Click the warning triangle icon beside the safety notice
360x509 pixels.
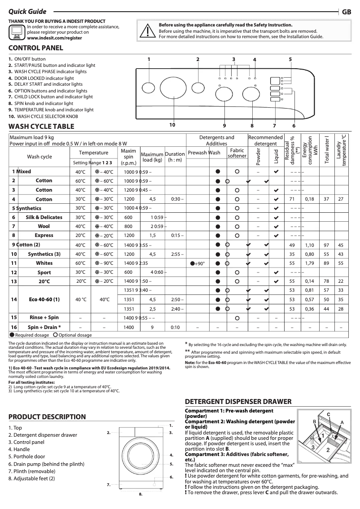pyautogui.click(x=147, y=31)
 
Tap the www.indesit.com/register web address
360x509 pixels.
pyautogui.click(x=54, y=39)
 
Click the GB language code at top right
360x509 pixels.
pyautogui.click(x=347, y=12)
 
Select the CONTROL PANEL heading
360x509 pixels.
pyautogui.click(x=36, y=48)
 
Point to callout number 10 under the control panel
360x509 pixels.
pyautogui.click(x=172, y=125)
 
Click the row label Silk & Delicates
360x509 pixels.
pyautogui.click(x=44, y=217)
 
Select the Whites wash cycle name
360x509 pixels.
pyautogui.click(x=44, y=263)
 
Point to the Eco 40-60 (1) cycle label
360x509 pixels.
pyautogui.click(x=44, y=299)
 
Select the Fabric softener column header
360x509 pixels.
pyautogui.click(x=237, y=153)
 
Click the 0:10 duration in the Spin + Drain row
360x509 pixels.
pyautogui.click(x=176, y=328)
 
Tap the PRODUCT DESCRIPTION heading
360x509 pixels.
pyautogui.click(x=47, y=417)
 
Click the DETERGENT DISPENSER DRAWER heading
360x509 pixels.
pyautogui.click(x=238, y=401)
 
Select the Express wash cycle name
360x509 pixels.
pyautogui.click(x=44, y=235)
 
